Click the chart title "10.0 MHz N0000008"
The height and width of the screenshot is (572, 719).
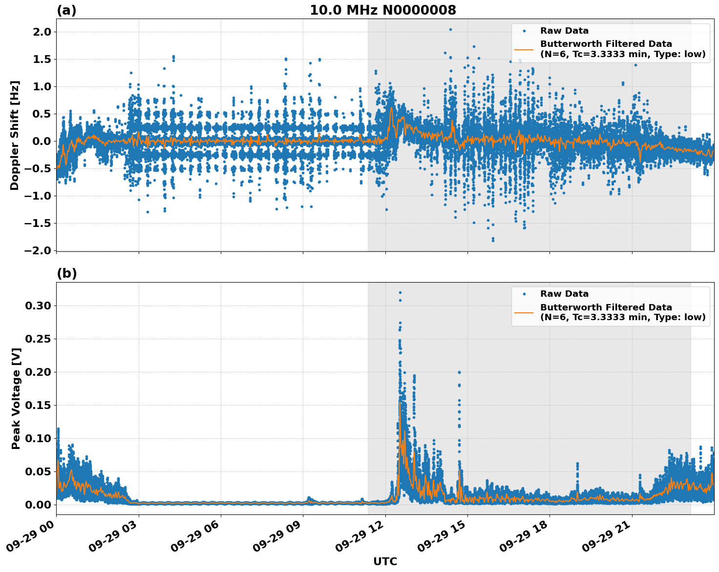click(x=383, y=10)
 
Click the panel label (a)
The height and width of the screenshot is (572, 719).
click(x=66, y=10)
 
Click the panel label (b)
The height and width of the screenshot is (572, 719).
click(x=66, y=273)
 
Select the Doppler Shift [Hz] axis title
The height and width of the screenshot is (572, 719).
click(x=15, y=135)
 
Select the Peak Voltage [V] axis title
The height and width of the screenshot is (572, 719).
click(x=16, y=398)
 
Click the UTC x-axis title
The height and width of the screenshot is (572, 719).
click(x=385, y=561)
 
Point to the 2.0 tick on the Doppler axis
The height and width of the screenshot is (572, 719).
click(x=41, y=32)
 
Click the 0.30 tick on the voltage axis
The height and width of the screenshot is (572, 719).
click(x=38, y=306)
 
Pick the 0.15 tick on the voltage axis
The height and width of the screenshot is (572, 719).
click(x=38, y=406)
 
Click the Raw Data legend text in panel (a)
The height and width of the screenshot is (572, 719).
click(x=564, y=31)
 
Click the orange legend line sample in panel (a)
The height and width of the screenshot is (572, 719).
click(x=524, y=49)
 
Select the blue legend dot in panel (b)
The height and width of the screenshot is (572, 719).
click(x=524, y=294)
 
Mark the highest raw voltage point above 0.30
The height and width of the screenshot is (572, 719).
click(x=400, y=293)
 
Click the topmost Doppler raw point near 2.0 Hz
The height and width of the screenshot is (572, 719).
click(x=450, y=29)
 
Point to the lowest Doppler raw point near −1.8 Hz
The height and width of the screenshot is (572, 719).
click(x=493, y=241)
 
